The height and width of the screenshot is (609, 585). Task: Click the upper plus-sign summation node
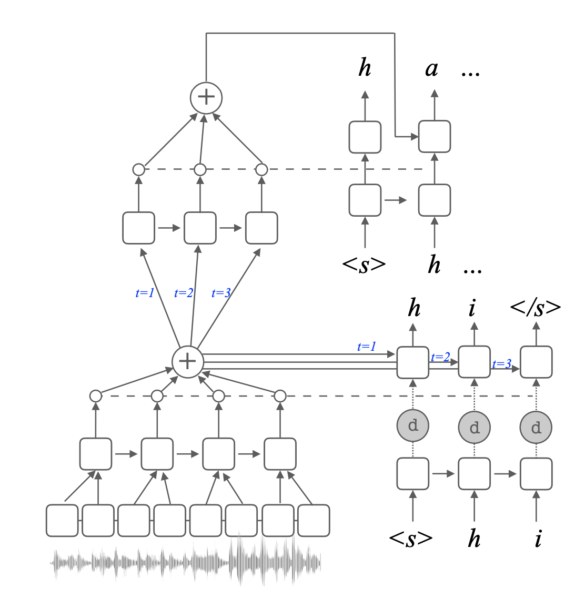pyautogui.click(x=206, y=97)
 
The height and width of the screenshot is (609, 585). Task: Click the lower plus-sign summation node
pyautogui.click(x=188, y=361)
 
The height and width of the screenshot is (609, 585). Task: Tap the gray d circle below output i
pyautogui.click(x=475, y=427)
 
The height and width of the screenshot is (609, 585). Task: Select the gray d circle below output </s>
pyautogui.click(x=536, y=427)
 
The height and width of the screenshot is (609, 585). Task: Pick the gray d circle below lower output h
pyautogui.click(x=413, y=425)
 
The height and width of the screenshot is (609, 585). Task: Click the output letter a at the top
pyautogui.click(x=432, y=68)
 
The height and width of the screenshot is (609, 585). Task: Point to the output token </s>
pyautogui.click(x=536, y=308)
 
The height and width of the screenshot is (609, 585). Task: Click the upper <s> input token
pyautogui.click(x=364, y=265)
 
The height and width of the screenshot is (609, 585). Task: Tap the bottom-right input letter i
pyautogui.click(x=538, y=539)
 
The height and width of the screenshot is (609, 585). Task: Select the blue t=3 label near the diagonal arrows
pyautogui.click(x=221, y=293)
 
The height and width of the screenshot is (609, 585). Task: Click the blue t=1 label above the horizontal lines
pyautogui.click(x=367, y=347)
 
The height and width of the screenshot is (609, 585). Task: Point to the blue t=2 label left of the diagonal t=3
pyautogui.click(x=184, y=293)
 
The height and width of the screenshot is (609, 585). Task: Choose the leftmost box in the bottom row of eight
pyautogui.click(x=62, y=521)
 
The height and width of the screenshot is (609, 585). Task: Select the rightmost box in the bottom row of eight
pyautogui.click(x=314, y=521)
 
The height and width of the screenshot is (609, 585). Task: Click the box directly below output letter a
pyautogui.click(x=435, y=137)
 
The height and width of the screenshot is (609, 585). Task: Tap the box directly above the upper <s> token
pyautogui.click(x=365, y=200)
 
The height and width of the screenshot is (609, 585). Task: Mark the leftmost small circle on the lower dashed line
pyautogui.click(x=95, y=395)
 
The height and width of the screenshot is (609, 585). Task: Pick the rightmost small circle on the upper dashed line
pyautogui.click(x=261, y=169)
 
